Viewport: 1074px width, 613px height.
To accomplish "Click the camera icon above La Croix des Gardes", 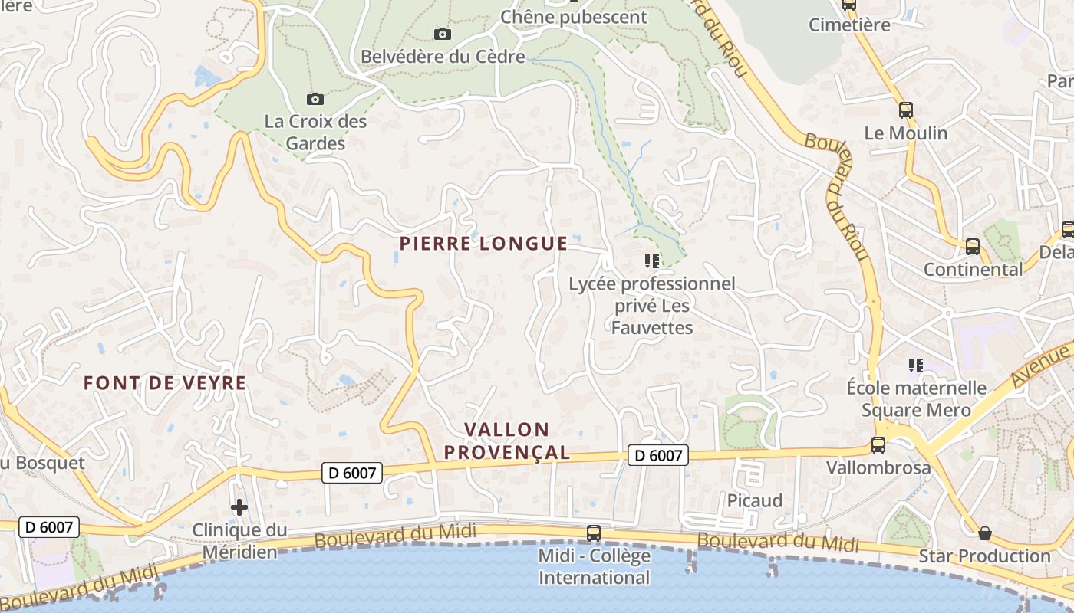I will pyautogui.click(x=315, y=99).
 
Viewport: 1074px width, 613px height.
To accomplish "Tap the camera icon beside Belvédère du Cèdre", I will pyautogui.click(x=442, y=34).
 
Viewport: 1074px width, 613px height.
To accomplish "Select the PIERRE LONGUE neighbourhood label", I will pyautogui.click(x=483, y=244).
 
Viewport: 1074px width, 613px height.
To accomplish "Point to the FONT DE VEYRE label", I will pyautogui.click(x=165, y=383).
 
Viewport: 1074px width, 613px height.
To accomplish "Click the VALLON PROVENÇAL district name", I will pyautogui.click(x=507, y=441).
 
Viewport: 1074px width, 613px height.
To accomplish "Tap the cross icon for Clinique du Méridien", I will pyautogui.click(x=239, y=506).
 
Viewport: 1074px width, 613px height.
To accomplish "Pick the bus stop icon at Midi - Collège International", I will pyautogui.click(x=593, y=533).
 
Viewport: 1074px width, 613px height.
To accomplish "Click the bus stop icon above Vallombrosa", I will pyautogui.click(x=878, y=444).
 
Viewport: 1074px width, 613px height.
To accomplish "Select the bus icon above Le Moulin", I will pyautogui.click(x=905, y=110).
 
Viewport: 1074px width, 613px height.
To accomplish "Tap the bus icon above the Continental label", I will pyautogui.click(x=972, y=247).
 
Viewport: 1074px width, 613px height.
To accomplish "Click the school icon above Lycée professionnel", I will pyautogui.click(x=652, y=261).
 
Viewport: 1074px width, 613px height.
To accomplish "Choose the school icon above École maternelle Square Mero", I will pyautogui.click(x=915, y=365).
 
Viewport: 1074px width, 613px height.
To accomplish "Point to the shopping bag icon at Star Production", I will pyautogui.click(x=985, y=533).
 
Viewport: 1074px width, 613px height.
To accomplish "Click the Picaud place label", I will pyautogui.click(x=755, y=500).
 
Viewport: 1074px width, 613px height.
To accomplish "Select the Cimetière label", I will pyautogui.click(x=849, y=25).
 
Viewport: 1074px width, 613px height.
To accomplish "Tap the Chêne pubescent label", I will pyautogui.click(x=574, y=17).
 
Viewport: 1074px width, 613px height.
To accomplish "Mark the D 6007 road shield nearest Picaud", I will pyautogui.click(x=657, y=455).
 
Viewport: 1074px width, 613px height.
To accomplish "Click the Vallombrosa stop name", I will pyautogui.click(x=878, y=467).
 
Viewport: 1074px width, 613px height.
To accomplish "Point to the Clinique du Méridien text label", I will pyautogui.click(x=239, y=540).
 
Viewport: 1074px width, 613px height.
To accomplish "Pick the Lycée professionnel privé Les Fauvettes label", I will pyautogui.click(x=652, y=306).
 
